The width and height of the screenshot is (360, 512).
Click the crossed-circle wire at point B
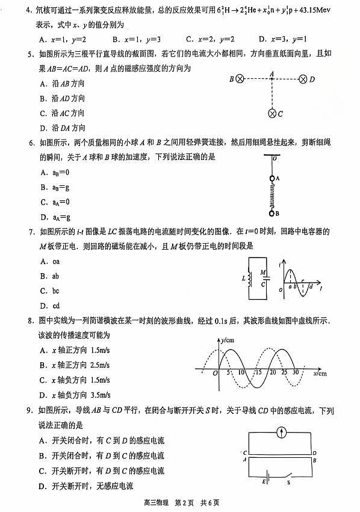(240, 79)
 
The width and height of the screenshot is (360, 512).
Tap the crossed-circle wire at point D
(303, 79)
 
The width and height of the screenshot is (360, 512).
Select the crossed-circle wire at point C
(272, 113)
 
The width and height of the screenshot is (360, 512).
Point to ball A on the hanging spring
(272, 179)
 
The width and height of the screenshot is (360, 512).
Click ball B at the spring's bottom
(272, 212)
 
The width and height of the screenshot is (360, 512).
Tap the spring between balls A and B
(272, 196)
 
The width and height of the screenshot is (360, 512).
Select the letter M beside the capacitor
(262, 272)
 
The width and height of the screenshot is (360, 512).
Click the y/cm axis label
(228, 341)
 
